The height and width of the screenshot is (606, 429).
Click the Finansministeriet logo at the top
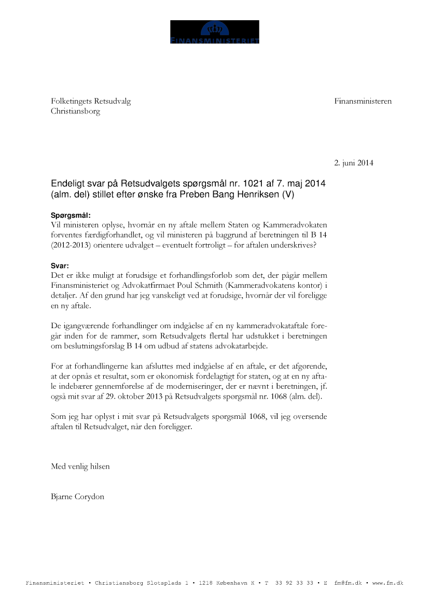(x=214, y=32)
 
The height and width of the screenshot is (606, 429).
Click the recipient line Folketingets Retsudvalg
(x=91, y=102)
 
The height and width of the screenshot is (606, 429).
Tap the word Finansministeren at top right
(x=363, y=102)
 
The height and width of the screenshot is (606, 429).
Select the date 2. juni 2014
(x=353, y=163)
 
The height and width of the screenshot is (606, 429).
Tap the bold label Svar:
(x=60, y=265)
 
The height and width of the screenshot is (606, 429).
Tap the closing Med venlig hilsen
(x=80, y=467)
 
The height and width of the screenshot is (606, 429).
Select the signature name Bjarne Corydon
(x=77, y=497)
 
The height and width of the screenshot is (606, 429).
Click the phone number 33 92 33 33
(x=294, y=583)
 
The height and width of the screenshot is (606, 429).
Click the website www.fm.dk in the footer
(x=388, y=583)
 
